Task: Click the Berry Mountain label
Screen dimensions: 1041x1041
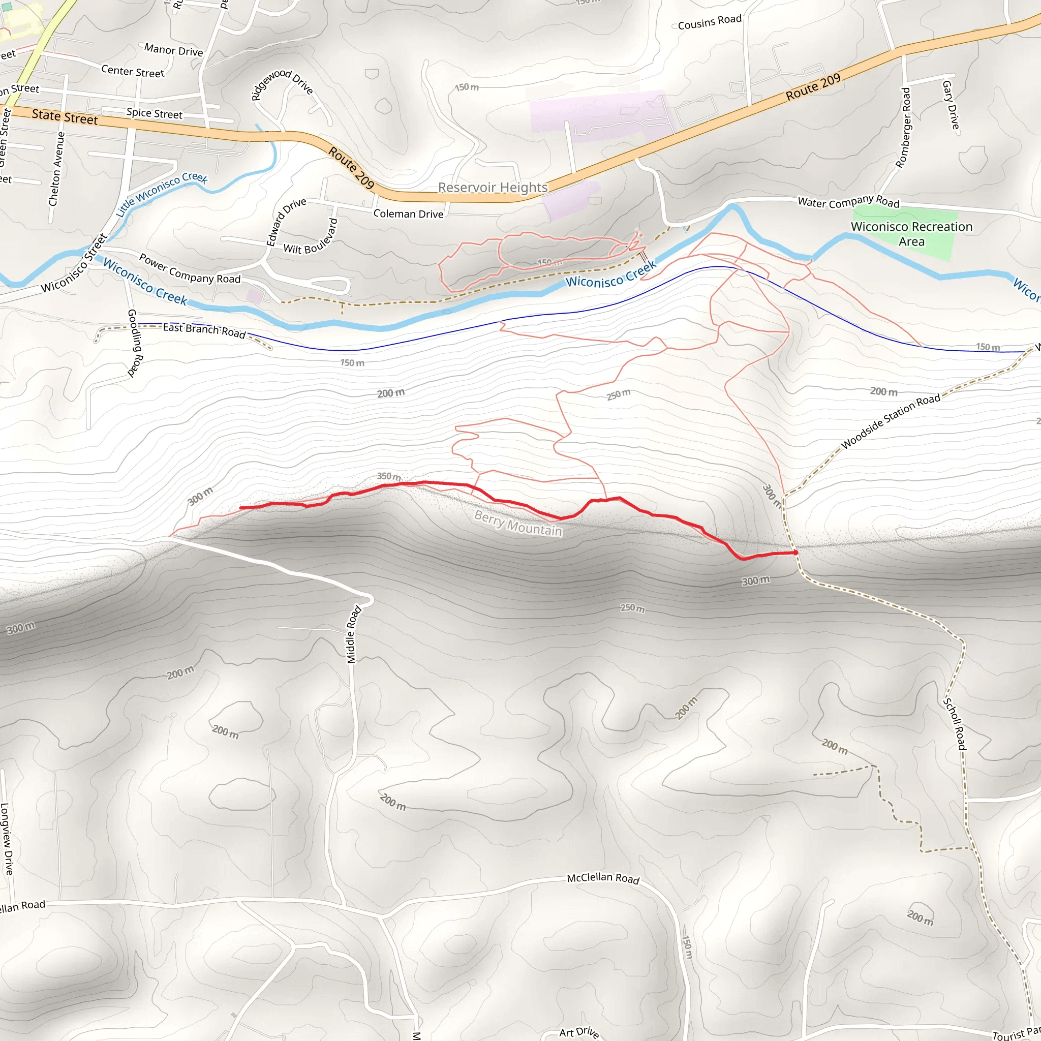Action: pyautogui.click(x=518, y=523)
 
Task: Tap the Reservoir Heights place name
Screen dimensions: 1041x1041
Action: pyautogui.click(x=493, y=188)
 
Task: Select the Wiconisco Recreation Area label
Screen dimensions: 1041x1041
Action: pyautogui.click(x=911, y=234)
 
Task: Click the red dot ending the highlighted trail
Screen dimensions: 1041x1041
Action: pyautogui.click(x=795, y=553)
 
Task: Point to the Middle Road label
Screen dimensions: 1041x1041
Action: pyautogui.click(x=353, y=635)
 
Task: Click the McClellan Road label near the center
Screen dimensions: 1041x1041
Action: pyautogui.click(x=602, y=878)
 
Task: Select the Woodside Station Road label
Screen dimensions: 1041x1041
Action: pyautogui.click(x=891, y=421)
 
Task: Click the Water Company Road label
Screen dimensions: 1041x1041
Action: pyautogui.click(x=848, y=202)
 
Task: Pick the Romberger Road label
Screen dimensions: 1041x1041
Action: pyautogui.click(x=903, y=128)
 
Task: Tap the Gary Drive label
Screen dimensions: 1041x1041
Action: pyautogui.click(x=951, y=105)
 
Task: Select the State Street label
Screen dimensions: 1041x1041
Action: pyautogui.click(x=65, y=116)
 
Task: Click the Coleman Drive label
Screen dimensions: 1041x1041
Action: pyautogui.click(x=409, y=214)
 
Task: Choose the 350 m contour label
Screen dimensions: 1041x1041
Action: pyautogui.click(x=388, y=476)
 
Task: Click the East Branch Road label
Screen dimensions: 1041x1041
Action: pyautogui.click(x=204, y=330)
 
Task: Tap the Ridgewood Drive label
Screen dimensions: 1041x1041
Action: pyautogui.click(x=282, y=84)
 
